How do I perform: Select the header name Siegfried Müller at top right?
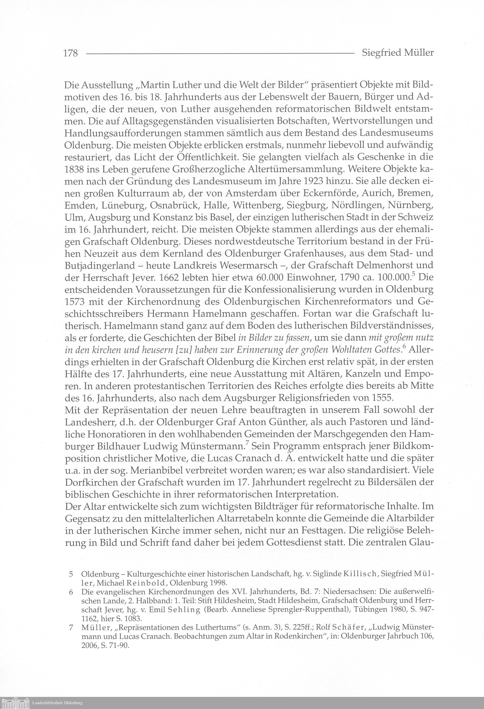[398, 53]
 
